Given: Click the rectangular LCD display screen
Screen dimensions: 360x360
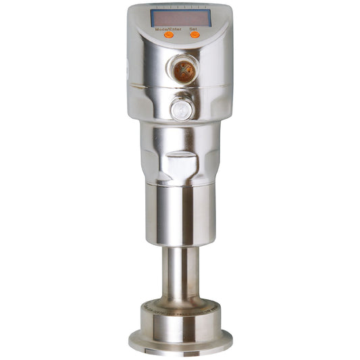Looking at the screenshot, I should click(x=182, y=18).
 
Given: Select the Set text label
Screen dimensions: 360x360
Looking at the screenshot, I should click(x=194, y=30).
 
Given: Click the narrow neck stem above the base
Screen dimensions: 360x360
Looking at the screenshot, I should click(x=179, y=270).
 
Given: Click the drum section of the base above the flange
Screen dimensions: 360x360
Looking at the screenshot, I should click(x=180, y=322).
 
